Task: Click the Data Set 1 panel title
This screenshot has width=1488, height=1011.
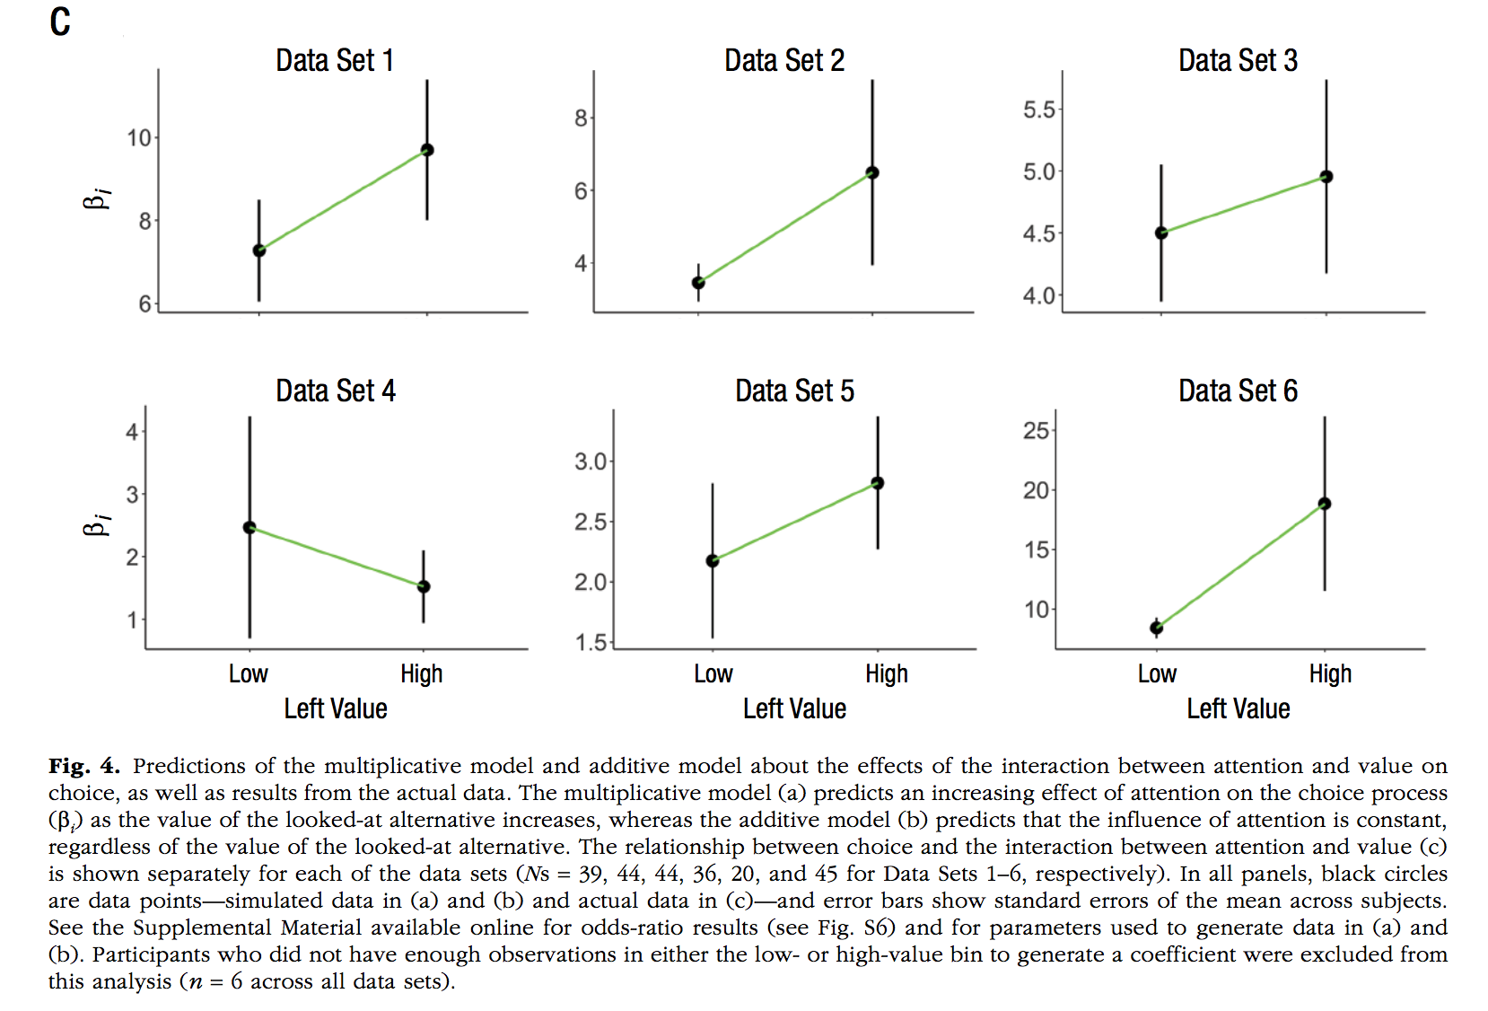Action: pos(334,61)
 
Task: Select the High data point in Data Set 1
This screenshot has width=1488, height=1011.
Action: pos(427,150)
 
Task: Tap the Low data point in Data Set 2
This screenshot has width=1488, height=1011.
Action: pos(698,283)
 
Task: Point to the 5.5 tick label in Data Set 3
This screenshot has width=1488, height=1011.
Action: pos(1038,110)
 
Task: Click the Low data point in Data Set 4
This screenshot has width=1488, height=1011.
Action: pos(249,527)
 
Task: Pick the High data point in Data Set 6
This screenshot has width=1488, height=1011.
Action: pos(1325,504)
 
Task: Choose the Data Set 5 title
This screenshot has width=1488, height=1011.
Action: pos(794,391)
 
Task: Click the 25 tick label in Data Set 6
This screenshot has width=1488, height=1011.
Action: pos(1036,431)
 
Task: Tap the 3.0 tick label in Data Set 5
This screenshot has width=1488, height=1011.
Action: pos(591,462)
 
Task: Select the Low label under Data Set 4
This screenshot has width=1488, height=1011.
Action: pos(248,674)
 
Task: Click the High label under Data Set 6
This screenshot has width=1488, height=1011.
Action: pos(1330,674)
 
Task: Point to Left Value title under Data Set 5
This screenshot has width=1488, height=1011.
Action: pos(794,709)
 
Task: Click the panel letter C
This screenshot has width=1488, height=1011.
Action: pos(60,22)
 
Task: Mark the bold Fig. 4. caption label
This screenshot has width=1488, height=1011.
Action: pos(83,766)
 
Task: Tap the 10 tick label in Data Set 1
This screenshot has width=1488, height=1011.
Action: pos(139,138)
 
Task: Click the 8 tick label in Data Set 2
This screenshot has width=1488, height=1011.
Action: pos(581,119)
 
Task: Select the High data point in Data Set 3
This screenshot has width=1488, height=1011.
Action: pos(1326,177)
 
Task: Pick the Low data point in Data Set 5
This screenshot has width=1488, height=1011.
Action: pos(713,561)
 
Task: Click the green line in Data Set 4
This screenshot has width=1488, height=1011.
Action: pos(337,557)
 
